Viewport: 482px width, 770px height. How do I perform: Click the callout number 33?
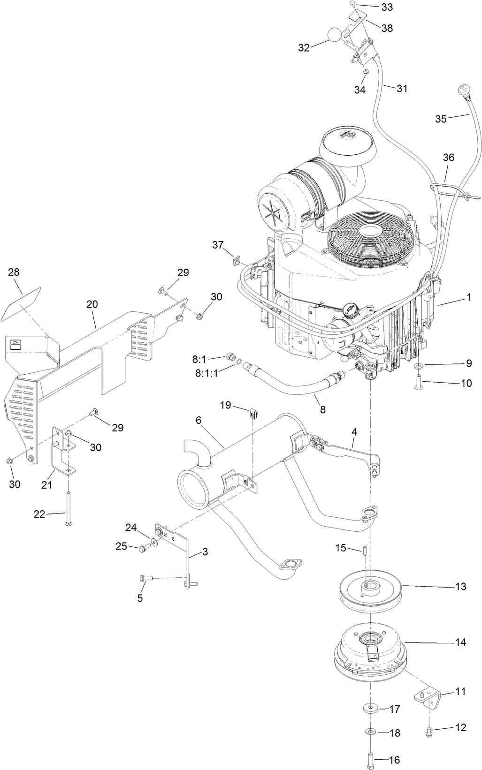[387, 7]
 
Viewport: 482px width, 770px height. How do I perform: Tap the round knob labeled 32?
[334, 35]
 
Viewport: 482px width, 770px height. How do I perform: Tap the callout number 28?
[14, 272]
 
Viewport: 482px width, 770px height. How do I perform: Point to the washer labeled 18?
[371, 732]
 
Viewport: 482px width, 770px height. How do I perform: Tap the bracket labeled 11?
[428, 696]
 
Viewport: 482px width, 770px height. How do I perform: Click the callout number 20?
[92, 304]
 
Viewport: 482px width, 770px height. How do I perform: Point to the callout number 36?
[449, 158]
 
